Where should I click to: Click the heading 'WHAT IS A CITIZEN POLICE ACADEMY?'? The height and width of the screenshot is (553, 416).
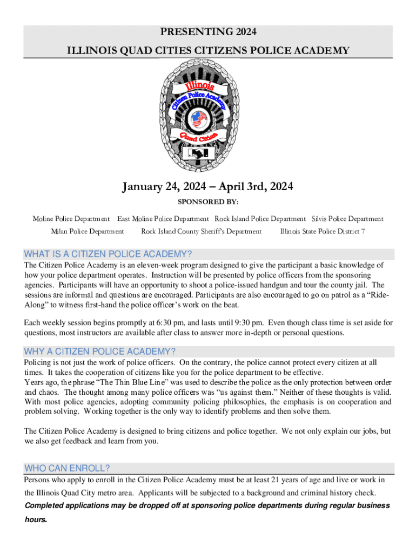tap(108, 254)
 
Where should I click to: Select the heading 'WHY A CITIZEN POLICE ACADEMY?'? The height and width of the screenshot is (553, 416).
tap(100, 352)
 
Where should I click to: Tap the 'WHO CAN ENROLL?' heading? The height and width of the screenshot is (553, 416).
tap(68, 468)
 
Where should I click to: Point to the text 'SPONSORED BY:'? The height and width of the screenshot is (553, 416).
tap(208, 202)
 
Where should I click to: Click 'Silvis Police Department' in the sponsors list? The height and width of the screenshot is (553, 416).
tap(347, 219)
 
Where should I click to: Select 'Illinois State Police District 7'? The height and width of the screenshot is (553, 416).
tap(323, 231)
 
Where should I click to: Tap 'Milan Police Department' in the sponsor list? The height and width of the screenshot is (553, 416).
tap(87, 231)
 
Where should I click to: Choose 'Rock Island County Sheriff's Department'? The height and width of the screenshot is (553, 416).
tap(201, 231)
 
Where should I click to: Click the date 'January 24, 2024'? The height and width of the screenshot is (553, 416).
tap(161, 187)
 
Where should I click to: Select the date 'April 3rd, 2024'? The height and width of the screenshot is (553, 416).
tap(256, 187)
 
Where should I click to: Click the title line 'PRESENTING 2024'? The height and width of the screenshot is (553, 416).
tap(208, 32)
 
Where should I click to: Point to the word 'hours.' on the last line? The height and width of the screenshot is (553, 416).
tap(36, 520)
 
